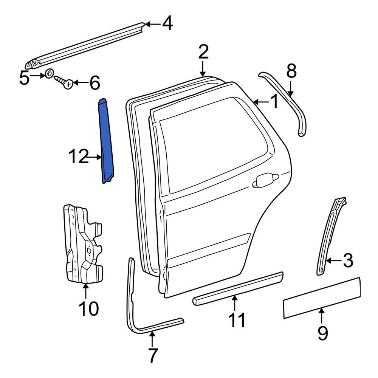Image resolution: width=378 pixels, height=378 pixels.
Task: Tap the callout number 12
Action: (78, 157)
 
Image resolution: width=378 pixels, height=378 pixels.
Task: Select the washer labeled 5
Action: (49, 74)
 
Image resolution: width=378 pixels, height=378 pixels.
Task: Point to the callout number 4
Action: (167, 24)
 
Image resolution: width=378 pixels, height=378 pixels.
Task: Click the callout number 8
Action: (291, 71)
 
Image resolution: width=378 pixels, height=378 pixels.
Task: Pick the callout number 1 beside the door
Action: (273, 101)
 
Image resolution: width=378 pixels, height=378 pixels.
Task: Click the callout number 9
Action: (322, 333)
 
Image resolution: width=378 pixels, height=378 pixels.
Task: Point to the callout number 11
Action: (237, 321)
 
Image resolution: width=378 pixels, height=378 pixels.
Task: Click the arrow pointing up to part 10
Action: (86, 291)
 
